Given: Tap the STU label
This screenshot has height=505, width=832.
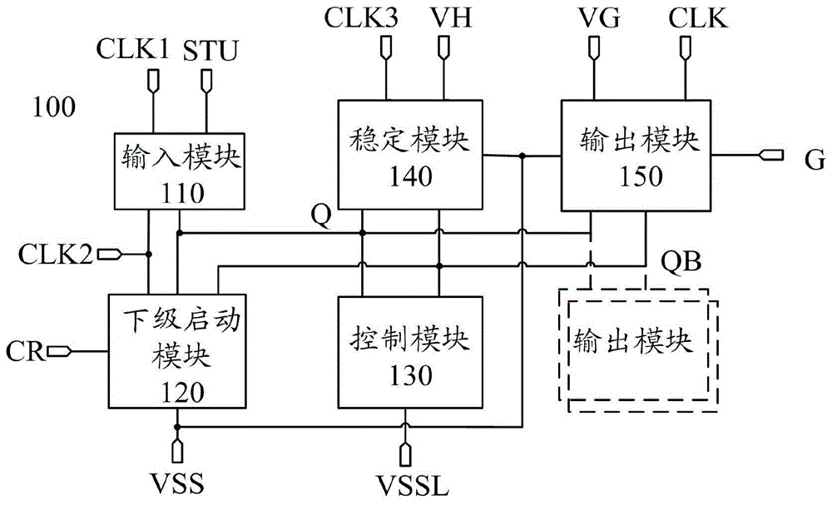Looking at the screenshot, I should coord(211,51).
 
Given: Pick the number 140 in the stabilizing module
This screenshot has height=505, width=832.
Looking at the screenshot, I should coord(409,176).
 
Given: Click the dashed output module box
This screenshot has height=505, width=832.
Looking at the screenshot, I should coord(636,344).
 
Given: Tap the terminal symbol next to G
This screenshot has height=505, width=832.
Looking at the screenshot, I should coord(770,156).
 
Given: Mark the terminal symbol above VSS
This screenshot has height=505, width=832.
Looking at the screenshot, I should coord(177,449).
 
